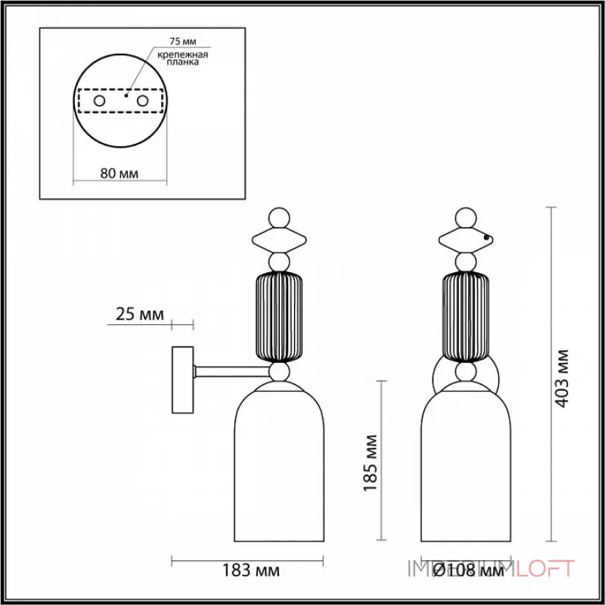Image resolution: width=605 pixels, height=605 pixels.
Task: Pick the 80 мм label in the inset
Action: tap(119, 173)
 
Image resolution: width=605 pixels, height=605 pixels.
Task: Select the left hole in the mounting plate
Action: tap(99, 100)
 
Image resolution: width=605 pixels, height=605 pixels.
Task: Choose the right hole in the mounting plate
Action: tap(141, 100)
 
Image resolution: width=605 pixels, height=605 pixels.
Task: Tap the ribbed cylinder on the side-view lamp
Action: tap(280, 317)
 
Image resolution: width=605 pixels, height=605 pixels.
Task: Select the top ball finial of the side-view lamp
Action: tap(280, 219)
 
